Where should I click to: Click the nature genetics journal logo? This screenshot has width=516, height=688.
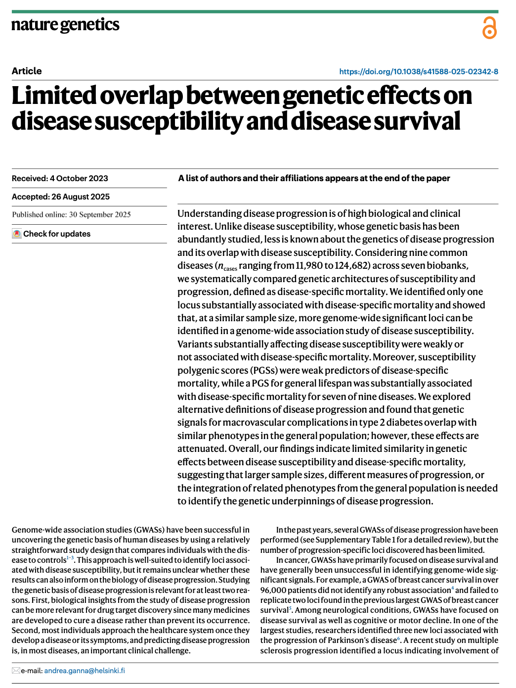pyautogui.click(x=65, y=25)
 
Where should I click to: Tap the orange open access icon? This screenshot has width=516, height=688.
pyautogui.click(x=489, y=28)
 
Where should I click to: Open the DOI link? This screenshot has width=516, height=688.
pyautogui.click(x=418, y=72)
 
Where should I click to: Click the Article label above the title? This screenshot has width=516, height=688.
pyautogui.click(x=27, y=71)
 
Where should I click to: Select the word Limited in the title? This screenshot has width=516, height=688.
pyautogui.click(x=54, y=96)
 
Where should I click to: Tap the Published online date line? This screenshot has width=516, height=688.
pyautogui.click(x=71, y=215)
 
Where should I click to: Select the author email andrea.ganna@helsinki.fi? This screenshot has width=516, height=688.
pyautogui.click(x=85, y=671)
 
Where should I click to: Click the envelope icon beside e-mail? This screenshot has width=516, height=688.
pyautogui.click(x=16, y=671)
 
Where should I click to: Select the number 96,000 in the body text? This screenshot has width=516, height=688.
pyautogui.click(x=272, y=590)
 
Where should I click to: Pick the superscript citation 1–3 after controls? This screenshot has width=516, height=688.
pyautogui.click(x=70, y=558)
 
